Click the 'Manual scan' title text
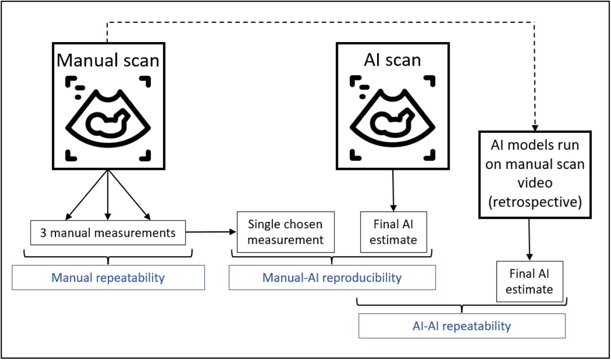pos(108,60)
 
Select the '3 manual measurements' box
pos(108,233)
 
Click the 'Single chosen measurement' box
pos(285,232)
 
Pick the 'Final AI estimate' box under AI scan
pos(394,232)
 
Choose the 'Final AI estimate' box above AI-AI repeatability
pos(530,281)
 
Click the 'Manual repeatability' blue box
pos(108,277)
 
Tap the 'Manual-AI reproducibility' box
pos(332,277)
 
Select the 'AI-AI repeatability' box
pos(462,326)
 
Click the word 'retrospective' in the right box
pos(535,202)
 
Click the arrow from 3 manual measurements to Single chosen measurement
pos(211,232)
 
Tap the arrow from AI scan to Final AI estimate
pos(393,191)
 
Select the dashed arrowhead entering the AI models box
pos(535,128)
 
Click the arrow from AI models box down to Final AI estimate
pos(529,240)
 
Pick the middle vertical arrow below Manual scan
pos(108,195)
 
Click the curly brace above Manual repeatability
pos(108,257)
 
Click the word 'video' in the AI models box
pos(535,183)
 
